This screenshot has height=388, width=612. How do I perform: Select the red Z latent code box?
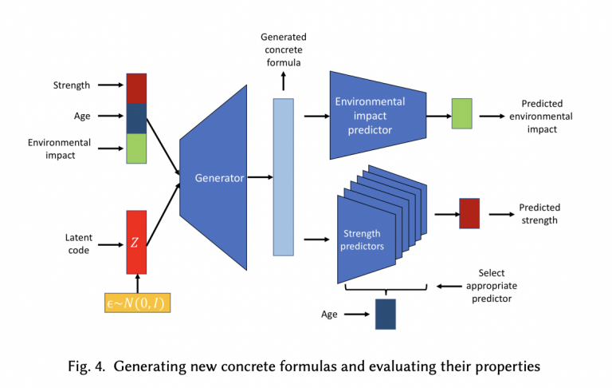[x=136, y=242]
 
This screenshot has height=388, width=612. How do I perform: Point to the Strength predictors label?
[x=363, y=240]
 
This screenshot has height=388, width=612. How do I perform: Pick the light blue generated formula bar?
[x=283, y=176]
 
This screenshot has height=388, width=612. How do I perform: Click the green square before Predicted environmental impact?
[x=461, y=114]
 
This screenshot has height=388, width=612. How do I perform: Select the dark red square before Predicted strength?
[x=469, y=213]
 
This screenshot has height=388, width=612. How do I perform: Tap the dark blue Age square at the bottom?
[x=386, y=314]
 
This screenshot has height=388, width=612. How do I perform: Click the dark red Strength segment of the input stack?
[x=136, y=89]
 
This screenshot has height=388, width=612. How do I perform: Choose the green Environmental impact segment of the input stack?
[x=136, y=148]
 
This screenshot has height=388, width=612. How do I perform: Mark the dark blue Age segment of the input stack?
[x=136, y=118]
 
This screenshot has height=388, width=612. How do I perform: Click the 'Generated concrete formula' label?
[x=283, y=49]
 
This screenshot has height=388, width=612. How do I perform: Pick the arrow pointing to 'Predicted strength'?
[x=499, y=213]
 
